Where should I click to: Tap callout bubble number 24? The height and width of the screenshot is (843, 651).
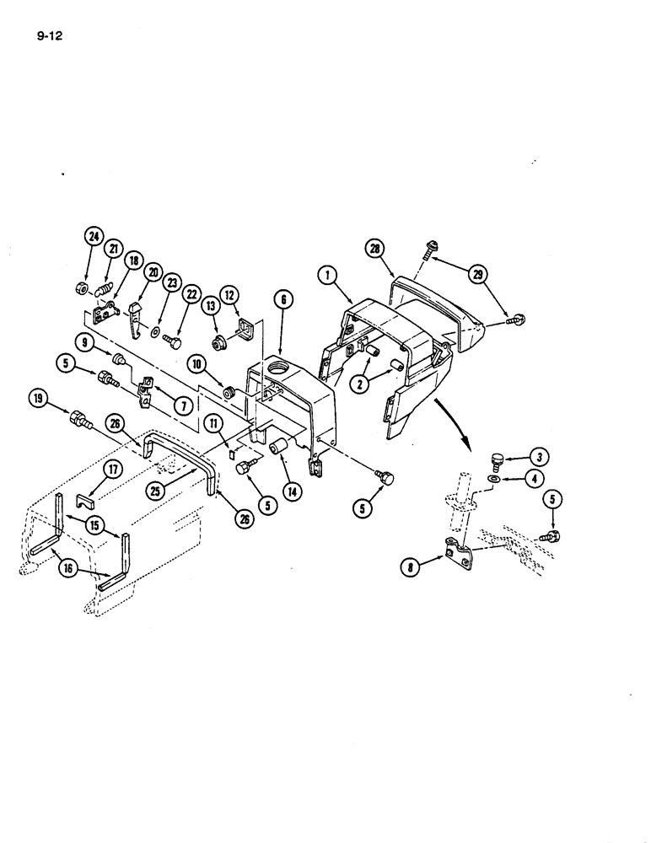click(x=93, y=237)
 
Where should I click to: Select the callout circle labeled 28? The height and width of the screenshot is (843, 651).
click(x=374, y=248)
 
